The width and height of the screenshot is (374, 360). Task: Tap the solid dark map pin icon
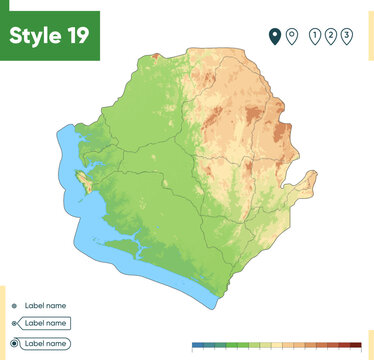(x=274, y=36)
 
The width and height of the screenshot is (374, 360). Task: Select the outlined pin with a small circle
(x=291, y=36)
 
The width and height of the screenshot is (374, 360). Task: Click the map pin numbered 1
(x=316, y=36)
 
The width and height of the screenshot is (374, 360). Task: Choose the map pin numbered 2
(x=331, y=36)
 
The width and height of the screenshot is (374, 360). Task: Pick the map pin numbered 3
(x=346, y=36)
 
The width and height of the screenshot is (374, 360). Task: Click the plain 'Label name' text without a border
(x=44, y=305)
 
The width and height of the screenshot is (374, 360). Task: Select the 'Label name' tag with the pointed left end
(x=44, y=323)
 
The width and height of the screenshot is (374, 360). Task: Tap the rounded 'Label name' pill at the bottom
(x=46, y=343)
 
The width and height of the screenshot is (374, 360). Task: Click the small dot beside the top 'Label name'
(x=13, y=305)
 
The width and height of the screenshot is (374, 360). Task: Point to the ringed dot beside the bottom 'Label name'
(x=13, y=343)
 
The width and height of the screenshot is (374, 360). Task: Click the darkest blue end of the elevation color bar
(x=197, y=345)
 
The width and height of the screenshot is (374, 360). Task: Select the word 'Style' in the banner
(x=33, y=35)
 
